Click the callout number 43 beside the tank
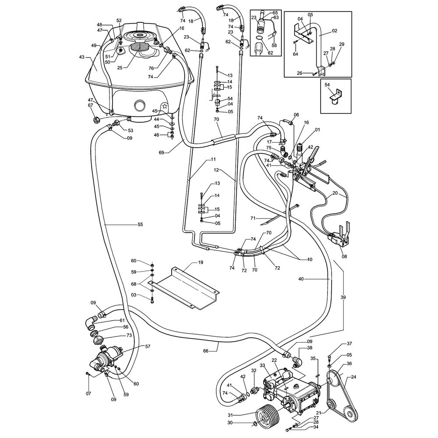click(x=81, y=57)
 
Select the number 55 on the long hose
click(x=140, y=224)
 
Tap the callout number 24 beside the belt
click(x=353, y=377)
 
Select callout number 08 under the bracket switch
click(x=344, y=257)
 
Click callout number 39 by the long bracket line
click(x=343, y=297)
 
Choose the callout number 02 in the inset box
click(x=335, y=31)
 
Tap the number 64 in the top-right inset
click(x=296, y=54)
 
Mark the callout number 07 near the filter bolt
click(x=88, y=393)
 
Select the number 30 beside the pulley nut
click(x=242, y=423)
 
